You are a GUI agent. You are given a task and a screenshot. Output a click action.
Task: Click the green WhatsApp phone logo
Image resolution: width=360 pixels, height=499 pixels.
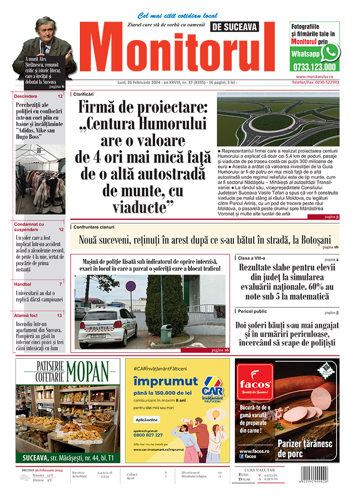(330, 52)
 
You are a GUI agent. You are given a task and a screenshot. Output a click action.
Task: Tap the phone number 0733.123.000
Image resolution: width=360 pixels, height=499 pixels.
(315, 66)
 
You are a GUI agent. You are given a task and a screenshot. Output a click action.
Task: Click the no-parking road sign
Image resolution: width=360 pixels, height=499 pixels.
(130, 286)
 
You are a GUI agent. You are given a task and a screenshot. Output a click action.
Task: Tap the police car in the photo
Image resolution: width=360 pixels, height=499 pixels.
(108, 326)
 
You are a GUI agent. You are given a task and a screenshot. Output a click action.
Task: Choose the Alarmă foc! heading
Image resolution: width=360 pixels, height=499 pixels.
(28, 315)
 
